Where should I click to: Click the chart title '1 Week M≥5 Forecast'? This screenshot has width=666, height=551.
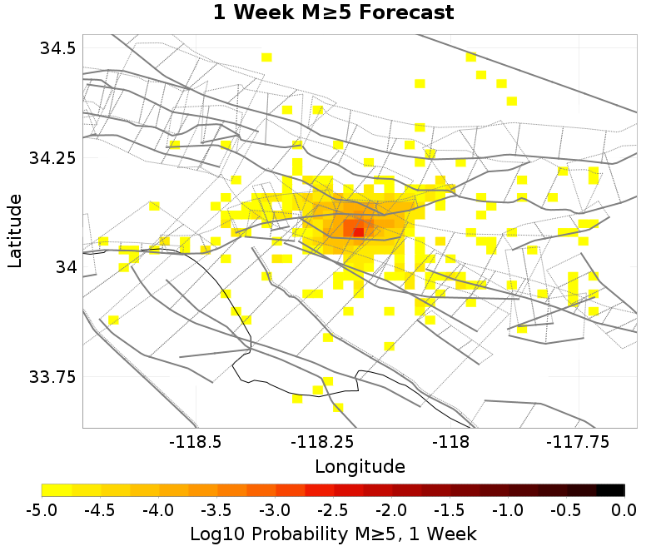click(333, 12)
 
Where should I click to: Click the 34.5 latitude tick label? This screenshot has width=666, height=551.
click(58, 47)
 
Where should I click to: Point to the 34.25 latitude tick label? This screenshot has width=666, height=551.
click(53, 157)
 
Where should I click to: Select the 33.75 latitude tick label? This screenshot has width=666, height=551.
click(53, 376)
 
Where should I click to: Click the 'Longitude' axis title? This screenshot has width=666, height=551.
click(360, 466)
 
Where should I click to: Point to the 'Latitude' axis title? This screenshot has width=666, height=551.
click(15, 231)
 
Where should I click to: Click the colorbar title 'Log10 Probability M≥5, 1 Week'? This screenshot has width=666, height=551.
click(333, 533)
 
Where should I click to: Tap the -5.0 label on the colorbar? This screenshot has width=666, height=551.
click(42, 509)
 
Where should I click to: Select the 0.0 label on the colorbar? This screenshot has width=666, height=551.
click(624, 509)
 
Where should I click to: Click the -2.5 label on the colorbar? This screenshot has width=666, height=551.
click(333, 509)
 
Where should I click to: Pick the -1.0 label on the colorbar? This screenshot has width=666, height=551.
click(508, 509)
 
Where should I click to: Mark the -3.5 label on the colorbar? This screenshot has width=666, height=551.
click(216, 509)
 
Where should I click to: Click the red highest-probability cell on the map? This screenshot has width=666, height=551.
click(358, 232)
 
